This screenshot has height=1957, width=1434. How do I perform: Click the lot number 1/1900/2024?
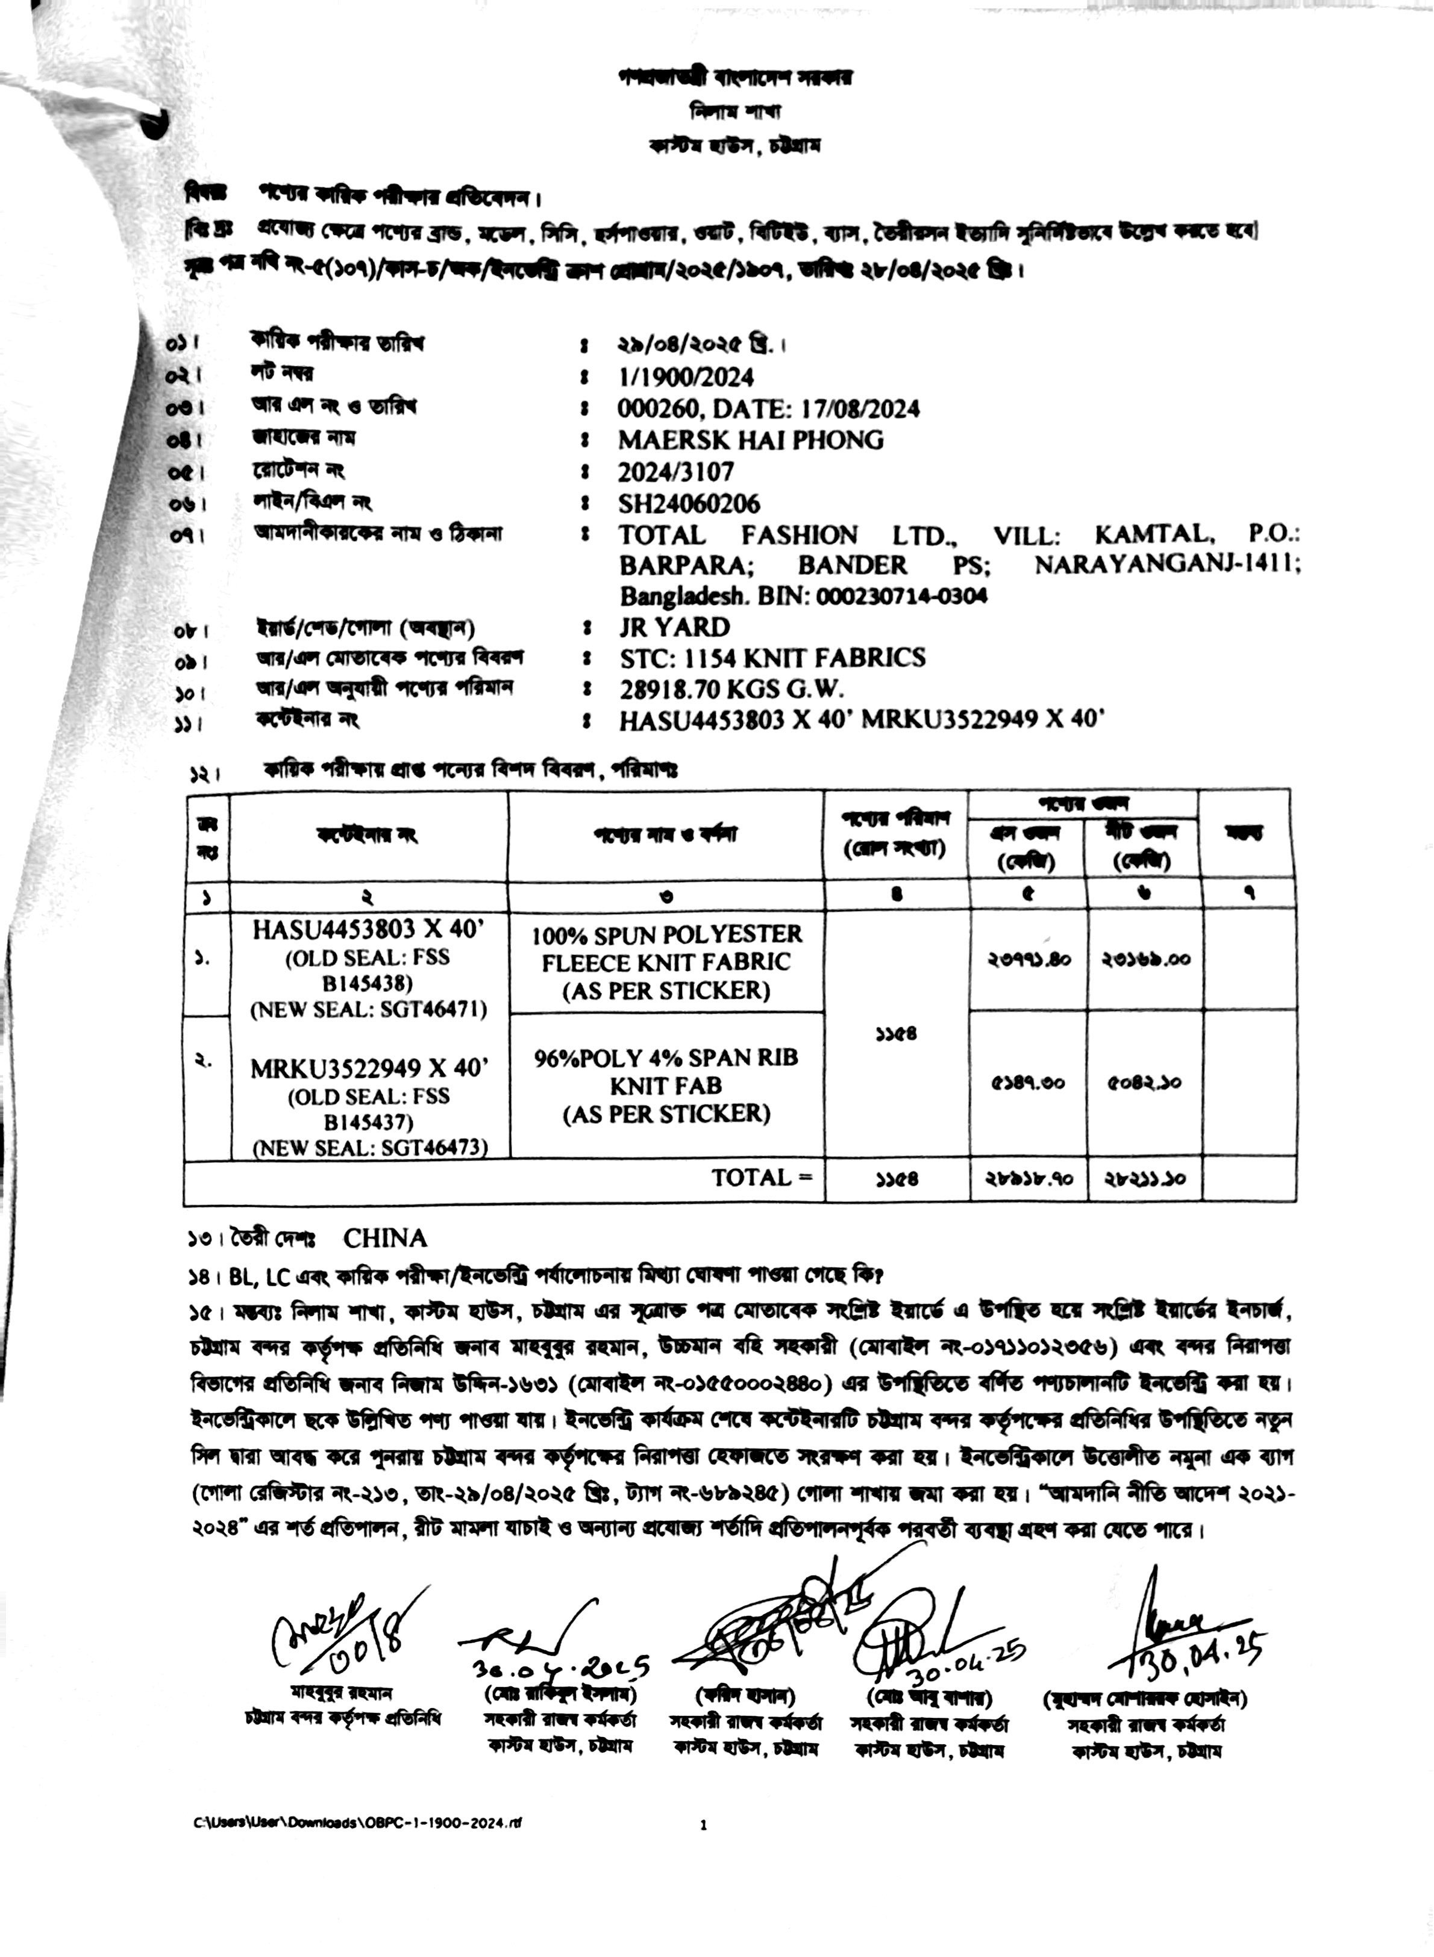tap(685, 378)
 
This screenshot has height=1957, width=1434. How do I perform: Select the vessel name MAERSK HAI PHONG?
tap(751, 441)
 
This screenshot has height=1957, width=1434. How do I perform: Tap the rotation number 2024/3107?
tap(675, 472)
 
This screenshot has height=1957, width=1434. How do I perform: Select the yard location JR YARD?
tap(674, 627)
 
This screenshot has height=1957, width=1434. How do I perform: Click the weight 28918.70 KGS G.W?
tap(731, 690)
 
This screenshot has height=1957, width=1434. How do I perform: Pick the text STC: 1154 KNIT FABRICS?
tap(772, 659)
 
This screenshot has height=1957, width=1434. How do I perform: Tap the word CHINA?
tap(384, 1238)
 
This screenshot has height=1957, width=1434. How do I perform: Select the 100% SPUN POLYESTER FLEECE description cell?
tap(666, 962)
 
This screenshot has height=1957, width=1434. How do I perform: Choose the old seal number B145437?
tap(368, 1122)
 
